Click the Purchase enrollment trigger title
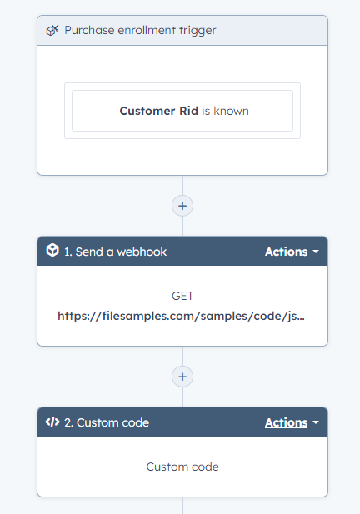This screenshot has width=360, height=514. [140, 31]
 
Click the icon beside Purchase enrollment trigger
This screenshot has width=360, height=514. [52, 31]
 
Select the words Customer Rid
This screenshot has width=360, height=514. [158, 111]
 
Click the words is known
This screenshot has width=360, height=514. [225, 111]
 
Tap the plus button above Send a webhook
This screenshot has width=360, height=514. [182, 205]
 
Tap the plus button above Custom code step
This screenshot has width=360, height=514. [182, 377]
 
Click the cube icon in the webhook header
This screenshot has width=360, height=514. [52, 252]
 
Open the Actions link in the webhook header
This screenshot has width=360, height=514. [286, 252]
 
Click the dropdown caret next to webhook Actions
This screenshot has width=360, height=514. [316, 252]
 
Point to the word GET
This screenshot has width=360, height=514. [182, 296]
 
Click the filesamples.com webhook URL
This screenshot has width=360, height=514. [181, 317]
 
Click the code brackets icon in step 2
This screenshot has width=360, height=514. [52, 422]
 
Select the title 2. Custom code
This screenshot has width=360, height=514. [107, 422]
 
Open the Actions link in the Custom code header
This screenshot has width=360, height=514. [286, 422]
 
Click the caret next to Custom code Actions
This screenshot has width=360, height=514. [316, 423]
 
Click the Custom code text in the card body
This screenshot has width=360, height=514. [182, 467]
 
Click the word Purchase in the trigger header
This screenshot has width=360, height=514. [88, 31]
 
